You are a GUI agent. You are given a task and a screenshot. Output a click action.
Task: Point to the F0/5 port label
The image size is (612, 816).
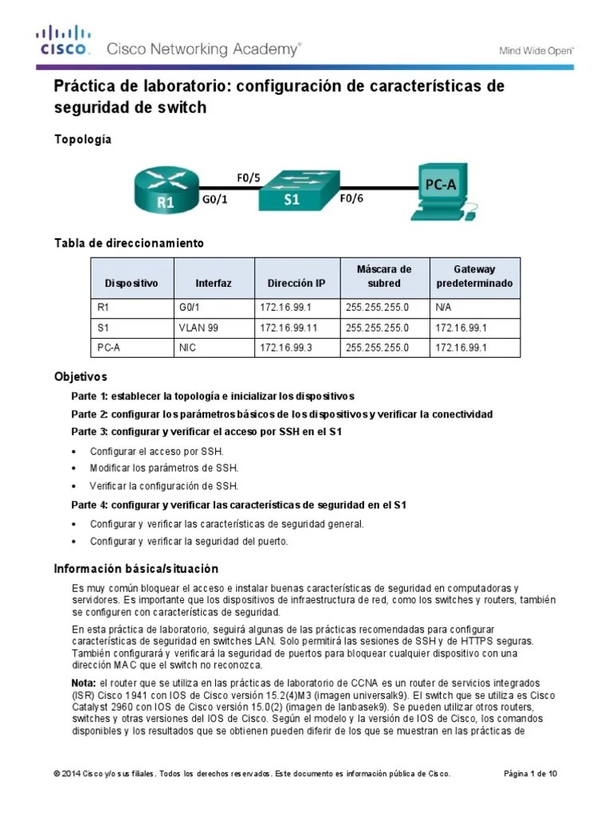pos(248,177)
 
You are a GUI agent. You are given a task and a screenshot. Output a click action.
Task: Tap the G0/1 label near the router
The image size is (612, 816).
pos(214,200)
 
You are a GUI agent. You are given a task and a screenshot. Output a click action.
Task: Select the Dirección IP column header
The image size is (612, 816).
pos(296,284)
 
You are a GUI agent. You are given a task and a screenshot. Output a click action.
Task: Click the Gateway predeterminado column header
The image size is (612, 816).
pos(474,277)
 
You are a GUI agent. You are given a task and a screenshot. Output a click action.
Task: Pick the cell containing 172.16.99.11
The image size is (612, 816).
pos(288,328)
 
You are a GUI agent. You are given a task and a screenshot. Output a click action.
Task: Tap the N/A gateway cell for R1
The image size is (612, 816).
pos(443,307)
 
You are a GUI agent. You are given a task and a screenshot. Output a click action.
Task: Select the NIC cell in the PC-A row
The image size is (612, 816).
pos(187,348)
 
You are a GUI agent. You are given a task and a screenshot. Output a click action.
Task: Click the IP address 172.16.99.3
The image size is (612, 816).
pos(285,348)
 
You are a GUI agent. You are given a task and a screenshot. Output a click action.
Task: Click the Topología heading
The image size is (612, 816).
pos(82,139)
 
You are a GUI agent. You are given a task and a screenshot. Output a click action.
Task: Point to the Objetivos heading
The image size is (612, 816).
pos(80,376)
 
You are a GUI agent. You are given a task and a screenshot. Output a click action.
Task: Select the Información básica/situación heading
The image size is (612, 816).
pos(135,569)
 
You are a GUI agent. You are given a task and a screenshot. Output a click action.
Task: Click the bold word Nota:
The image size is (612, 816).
pos(84,684)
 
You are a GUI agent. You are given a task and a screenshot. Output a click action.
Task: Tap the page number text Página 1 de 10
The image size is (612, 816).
pos(531,774)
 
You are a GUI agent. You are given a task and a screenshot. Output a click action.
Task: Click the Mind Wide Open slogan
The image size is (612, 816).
pos(536,49)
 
